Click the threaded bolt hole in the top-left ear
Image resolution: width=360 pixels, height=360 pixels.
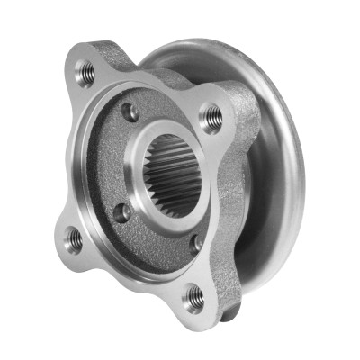click(x=85, y=72)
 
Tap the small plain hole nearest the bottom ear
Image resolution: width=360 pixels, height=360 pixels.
click(x=196, y=242)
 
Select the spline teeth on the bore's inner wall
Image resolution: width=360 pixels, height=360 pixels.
click(x=180, y=162)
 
